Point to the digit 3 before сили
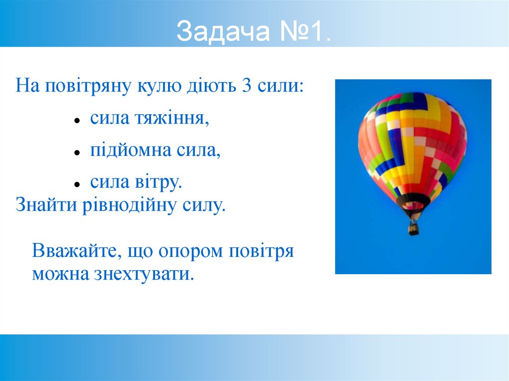tap(247, 86)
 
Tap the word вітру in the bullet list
tap(161, 182)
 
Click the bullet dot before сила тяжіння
tap(77, 121)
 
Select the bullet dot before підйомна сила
tap(77, 152)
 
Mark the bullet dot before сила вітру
tap(77, 184)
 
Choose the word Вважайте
tap(72, 251)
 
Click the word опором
tap(191, 251)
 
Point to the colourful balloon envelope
tap(412, 144)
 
